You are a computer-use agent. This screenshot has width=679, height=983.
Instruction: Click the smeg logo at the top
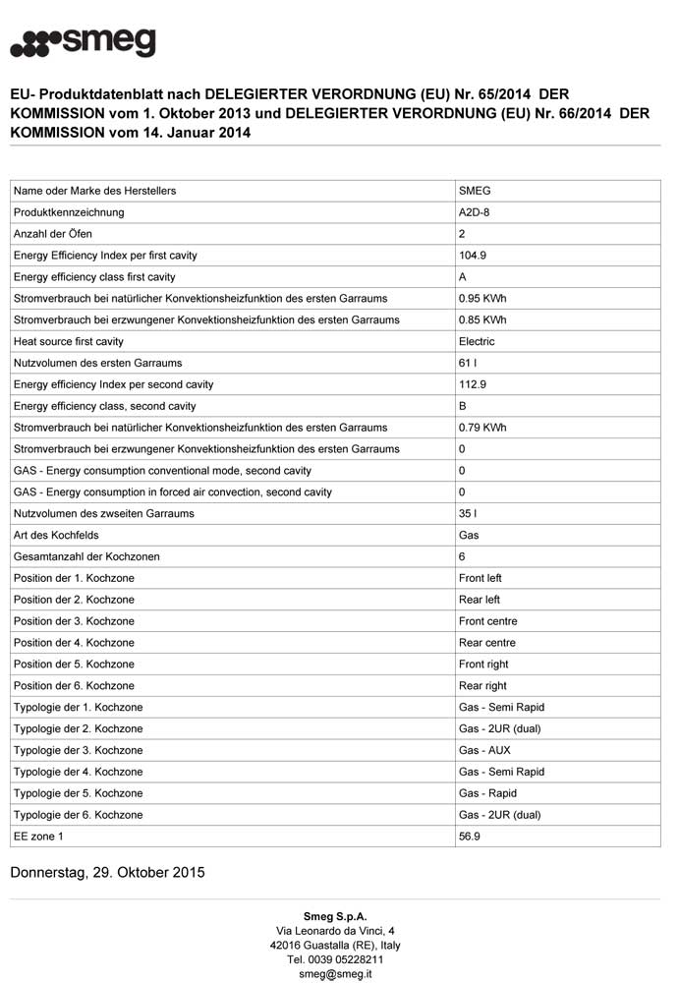click(83, 42)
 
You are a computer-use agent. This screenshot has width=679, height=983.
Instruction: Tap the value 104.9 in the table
click(473, 256)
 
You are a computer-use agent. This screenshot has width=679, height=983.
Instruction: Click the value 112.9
click(473, 384)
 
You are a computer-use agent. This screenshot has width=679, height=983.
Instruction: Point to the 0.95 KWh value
click(482, 299)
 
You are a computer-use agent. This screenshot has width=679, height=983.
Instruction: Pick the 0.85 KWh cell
click(482, 320)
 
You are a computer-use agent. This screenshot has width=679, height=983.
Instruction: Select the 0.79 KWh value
click(482, 428)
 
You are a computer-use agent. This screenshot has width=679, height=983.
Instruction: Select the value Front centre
click(487, 621)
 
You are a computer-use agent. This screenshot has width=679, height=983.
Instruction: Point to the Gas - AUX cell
click(484, 750)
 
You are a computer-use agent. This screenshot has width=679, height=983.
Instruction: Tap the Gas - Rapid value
click(487, 793)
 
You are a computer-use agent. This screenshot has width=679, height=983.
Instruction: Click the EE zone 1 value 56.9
click(470, 837)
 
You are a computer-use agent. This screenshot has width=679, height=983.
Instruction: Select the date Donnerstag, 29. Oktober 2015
click(107, 872)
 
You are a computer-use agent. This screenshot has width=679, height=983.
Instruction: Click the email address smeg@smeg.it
click(335, 974)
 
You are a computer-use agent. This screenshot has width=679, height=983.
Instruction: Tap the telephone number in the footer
click(335, 959)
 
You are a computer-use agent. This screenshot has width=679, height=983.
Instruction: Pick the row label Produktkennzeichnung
click(69, 212)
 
